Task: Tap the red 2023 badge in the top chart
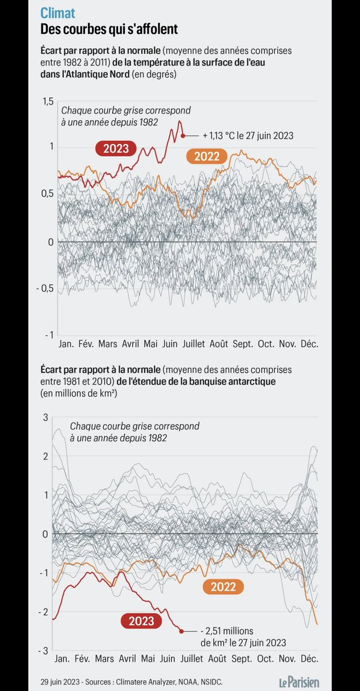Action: (116, 149)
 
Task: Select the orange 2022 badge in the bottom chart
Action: (223, 587)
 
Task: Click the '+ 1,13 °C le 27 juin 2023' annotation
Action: (248, 136)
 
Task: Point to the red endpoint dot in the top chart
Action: (183, 136)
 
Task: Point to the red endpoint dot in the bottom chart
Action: (181, 631)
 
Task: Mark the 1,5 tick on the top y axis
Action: (47, 102)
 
